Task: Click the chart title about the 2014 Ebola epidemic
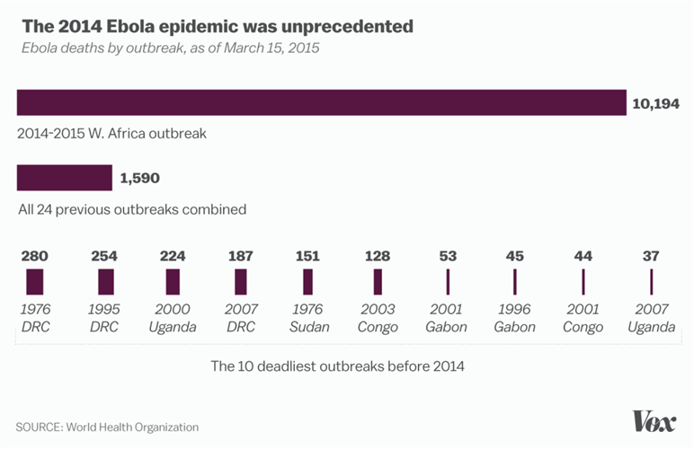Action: point(217,26)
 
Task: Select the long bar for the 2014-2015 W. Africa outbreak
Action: point(321,102)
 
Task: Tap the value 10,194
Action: point(656,103)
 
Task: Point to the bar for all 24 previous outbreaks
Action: point(65,178)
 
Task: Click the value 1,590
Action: point(139,178)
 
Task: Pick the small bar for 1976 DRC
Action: point(34,282)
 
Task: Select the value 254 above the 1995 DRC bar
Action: point(104,257)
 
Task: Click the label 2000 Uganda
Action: point(173,319)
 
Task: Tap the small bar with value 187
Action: point(241,282)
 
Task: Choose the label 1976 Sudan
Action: point(308,319)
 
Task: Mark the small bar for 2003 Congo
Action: point(378,282)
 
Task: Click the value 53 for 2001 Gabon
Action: point(447,257)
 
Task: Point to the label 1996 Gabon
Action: point(515,319)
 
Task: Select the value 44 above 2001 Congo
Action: point(583,257)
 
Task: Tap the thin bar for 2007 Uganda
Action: point(652,282)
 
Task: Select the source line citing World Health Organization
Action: point(107,427)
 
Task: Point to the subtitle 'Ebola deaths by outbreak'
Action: point(170,48)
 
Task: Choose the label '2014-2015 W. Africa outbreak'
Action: point(112,133)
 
